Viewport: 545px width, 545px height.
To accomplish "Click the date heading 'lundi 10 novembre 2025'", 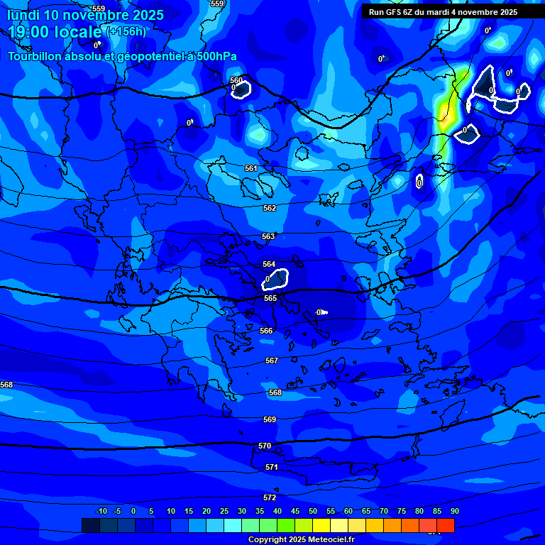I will pyautogui.click(x=85, y=15).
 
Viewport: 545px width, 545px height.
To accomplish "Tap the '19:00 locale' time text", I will pyautogui.click(x=55, y=32).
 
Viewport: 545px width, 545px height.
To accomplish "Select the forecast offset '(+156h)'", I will pyautogui.click(x=126, y=31).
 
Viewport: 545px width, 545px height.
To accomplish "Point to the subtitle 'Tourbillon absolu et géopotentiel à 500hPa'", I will pyautogui.click(x=123, y=57).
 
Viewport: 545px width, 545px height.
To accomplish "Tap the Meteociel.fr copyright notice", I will pyautogui.click(x=301, y=539).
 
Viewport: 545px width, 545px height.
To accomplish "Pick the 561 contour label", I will pyautogui.click(x=251, y=168).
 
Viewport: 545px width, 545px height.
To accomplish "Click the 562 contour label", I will pyautogui.click(x=270, y=208).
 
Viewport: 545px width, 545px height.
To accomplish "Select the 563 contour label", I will pyautogui.click(x=268, y=236).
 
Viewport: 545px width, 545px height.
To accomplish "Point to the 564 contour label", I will pyautogui.click(x=269, y=264).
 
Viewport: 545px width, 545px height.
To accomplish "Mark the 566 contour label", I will pyautogui.click(x=266, y=331).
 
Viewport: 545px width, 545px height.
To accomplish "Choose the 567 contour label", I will pyautogui.click(x=272, y=360).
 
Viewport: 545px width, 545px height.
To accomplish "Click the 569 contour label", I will pyautogui.click(x=270, y=419).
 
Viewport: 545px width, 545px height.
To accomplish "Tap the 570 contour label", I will pyautogui.click(x=265, y=446).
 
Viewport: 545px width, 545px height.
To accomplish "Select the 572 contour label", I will pyautogui.click(x=270, y=497).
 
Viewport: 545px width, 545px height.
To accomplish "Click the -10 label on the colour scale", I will pyautogui.click(x=101, y=511).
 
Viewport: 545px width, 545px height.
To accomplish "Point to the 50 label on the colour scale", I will pyautogui.click(x=313, y=511).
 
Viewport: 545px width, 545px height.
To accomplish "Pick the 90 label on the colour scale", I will pyautogui.click(x=454, y=511).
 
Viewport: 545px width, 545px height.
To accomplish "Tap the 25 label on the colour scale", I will pyautogui.click(x=224, y=511).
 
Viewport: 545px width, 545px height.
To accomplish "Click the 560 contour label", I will pyautogui.click(x=236, y=80).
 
